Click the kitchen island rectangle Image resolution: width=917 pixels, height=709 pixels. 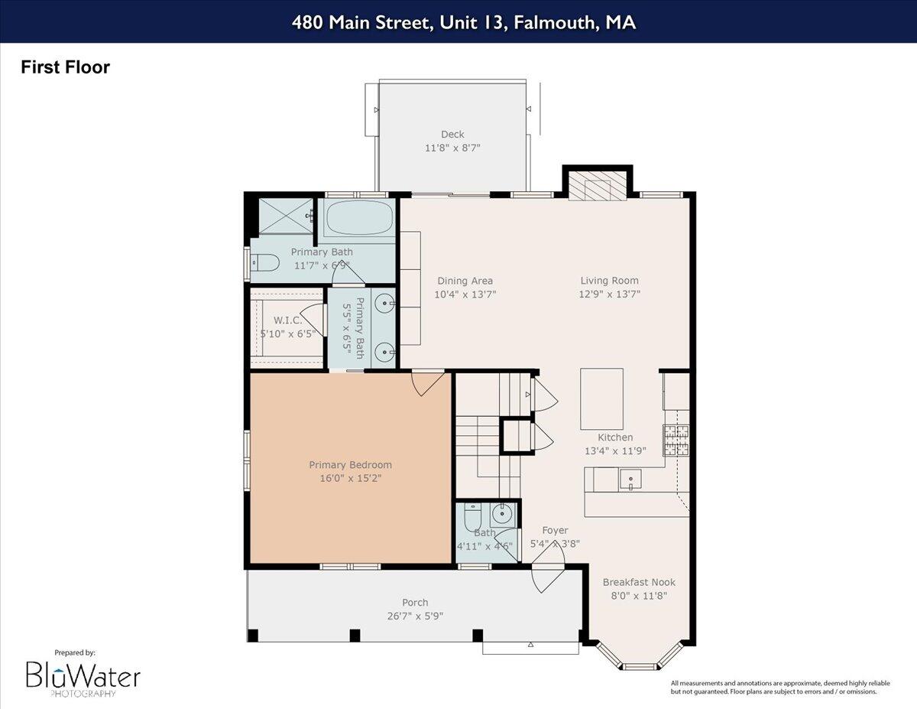(x=601, y=398)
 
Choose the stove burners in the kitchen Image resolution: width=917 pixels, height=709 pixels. (x=676, y=440)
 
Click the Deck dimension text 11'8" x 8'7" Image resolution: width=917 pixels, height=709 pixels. (x=452, y=148)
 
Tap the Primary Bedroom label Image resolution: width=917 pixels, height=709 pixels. (x=350, y=465)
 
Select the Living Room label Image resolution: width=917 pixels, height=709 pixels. (x=609, y=281)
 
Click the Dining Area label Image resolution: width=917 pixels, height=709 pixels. (x=465, y=281)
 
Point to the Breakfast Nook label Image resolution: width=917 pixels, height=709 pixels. (x=639, y=582)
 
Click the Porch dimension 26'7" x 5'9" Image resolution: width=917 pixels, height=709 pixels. (x=415, y=616)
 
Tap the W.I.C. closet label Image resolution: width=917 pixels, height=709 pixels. (x=287, y=320)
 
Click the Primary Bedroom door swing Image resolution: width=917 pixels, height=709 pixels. (x=428, y=382)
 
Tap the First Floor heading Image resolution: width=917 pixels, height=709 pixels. (x=65, y=67)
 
